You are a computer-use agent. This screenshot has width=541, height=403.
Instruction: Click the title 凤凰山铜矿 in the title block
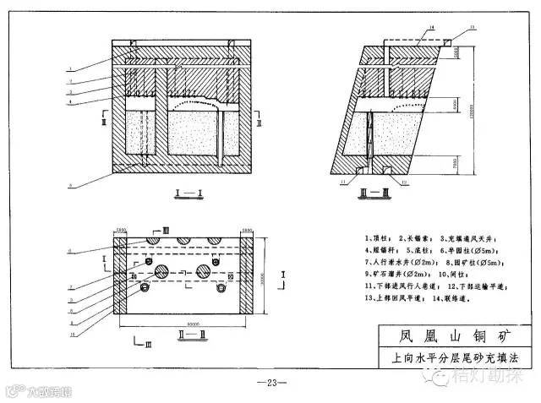click(449, 336)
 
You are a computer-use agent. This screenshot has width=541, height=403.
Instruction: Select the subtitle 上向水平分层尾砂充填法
click(449, 357)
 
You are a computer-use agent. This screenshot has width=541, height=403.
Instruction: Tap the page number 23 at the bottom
click(271, 383)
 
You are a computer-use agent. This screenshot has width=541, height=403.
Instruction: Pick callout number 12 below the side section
click(405, 182)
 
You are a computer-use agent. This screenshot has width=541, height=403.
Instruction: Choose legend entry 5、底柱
click(423, 251)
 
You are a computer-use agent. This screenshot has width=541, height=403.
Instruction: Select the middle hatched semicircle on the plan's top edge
click(182, 242)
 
